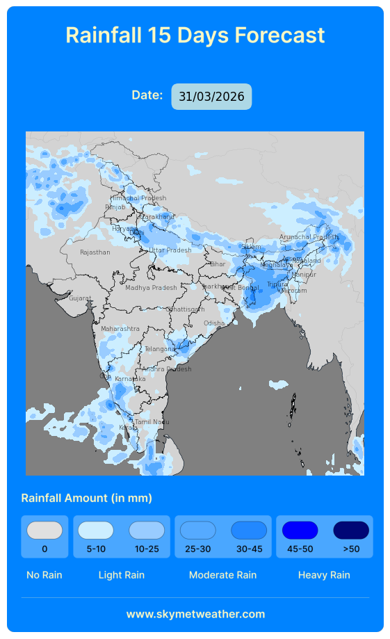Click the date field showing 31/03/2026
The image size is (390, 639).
(x=211, y=97)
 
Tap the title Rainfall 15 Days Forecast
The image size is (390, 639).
(x=195, y=35)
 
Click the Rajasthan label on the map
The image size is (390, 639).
(x=95, y=252)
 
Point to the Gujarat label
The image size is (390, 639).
(x=79, y=298)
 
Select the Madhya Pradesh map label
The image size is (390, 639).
(x=151, y=288)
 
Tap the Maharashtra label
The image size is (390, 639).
(x=120, y=329)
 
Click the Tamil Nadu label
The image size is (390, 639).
(x=152, y=422)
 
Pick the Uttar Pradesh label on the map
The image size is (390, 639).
(x=170, y=250)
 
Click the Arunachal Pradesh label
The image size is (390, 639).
(x=308, y=237)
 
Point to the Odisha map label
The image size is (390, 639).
(x=214, y=323)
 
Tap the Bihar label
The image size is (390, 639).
(x=218, y=264)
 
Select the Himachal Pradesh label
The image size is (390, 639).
(x=138, y=198)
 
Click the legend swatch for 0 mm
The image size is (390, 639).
(x=44, y=531)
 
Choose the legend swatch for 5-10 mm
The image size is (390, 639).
(x=96, y=531)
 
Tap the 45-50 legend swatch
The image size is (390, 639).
(x=300, y=531)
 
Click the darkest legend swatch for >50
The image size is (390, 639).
(x=351, y=531)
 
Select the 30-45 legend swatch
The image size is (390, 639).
(x=249, y=531)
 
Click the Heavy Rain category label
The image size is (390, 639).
(x=324, y=575)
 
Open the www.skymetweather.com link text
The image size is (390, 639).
(x=195, y=614)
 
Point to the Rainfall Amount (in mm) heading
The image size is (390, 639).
(x=87, y=498)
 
